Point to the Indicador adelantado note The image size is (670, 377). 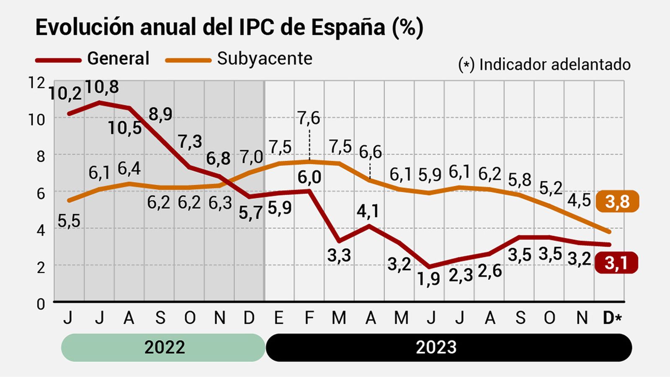(x=544, y=65)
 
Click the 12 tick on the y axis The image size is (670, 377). (x=36, y=83)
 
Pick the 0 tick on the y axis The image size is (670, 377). (x=41, y=304)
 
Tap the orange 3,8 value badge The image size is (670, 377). (x=617, y=201)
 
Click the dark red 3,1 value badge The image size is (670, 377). (x=616, y=263)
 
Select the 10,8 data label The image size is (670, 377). (x=102, y=87)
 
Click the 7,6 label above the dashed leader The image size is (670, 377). (x=309, y=119)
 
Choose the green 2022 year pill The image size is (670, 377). (x=164, y=347)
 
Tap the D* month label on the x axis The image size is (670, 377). (x=612, y=318)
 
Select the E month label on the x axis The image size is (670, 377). (x=278, y=318)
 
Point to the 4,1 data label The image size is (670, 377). (x=368, y=211)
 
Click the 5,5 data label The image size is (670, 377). (x=69, y=221)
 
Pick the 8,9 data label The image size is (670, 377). (x=160, y=114)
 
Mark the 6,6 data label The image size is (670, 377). (x=370, y=152)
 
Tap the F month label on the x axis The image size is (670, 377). (x=309, y=318)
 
